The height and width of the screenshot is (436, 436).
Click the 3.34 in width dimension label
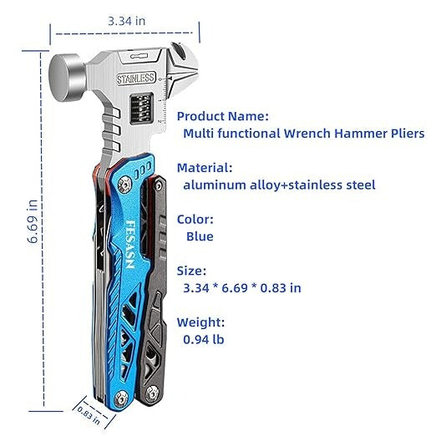pyautogui.click(x=127, y=21)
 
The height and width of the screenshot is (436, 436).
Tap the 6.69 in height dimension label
pyautogui.click(x=33, y=221)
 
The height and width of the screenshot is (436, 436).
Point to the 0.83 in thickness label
pyautogui.click(x=89, y=415)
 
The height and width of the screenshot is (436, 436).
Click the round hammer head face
pyautogui.click(x=63, y=78)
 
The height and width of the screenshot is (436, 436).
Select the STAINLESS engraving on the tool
pyautogui.click(x=135, y=79)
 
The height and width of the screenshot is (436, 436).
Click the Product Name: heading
pyautogui.click(x=223, y=116)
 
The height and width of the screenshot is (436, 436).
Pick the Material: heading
pyautogui.click(x=205, y=168)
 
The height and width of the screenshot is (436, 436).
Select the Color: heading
pyautogui.click(x=195, y=220)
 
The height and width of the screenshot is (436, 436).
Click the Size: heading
pyautogui.click(x=191, y=271)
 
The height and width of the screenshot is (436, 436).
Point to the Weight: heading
pyautogui.click(x=200, y=322)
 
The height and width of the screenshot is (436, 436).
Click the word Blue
pyautogui.click(x=200, y=236)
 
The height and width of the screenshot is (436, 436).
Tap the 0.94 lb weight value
pyautogui.click(x=204, y=339)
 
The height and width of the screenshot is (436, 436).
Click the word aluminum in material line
pyautogui.click(x=214, y=185)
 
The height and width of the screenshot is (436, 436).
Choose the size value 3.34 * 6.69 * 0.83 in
pyautogui.click(x=242, y=288)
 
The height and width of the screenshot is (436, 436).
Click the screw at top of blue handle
pyautogui.click(x=124, y=185)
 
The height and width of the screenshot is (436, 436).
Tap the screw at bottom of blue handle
pyautogui.click(x=121, y=398)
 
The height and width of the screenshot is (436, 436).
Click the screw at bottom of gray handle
pyautogui.click(x=152, y=393)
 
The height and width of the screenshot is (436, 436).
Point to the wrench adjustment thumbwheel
pyautogui.click(x=142, y=109)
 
